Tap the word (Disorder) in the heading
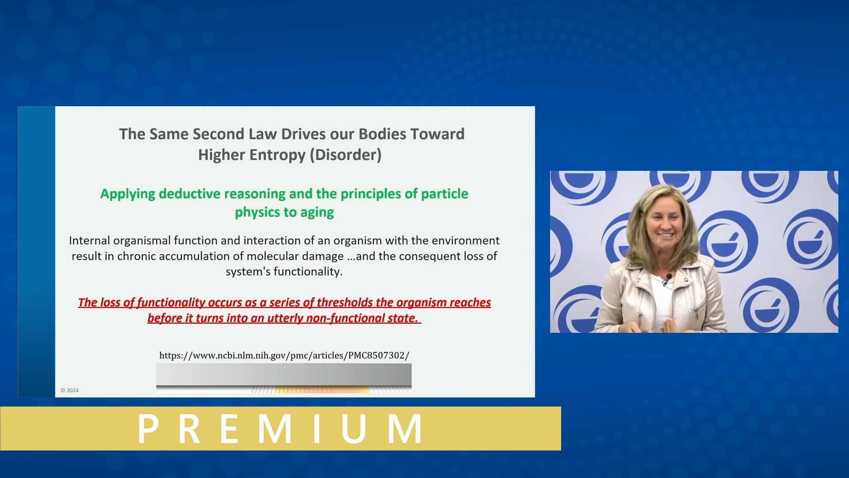tap(345, 155)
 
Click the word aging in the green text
tap(317, 212)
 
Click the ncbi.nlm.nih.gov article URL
tap(284, 355)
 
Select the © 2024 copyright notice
tap(69, 390)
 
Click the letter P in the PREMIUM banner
tap(148, 428)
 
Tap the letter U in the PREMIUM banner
tap(353, 428)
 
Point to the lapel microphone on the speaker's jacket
tap(668, 278)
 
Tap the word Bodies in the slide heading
tap(382, 134)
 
